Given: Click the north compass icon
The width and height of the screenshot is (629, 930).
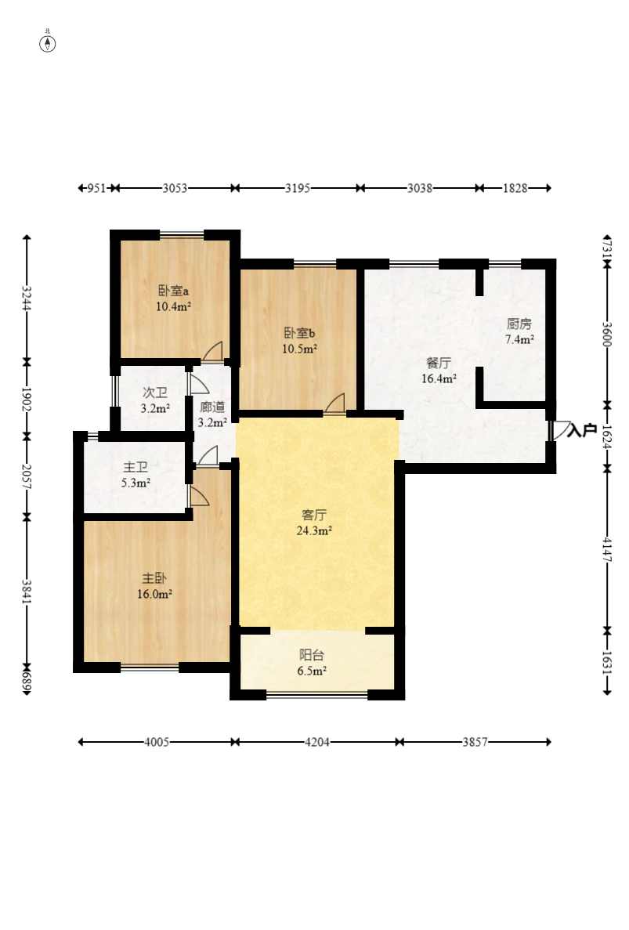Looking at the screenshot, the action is [48, 43].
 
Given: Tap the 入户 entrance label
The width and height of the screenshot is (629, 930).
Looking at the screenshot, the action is [581, 430].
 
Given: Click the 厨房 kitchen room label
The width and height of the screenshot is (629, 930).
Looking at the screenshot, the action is [519, 324].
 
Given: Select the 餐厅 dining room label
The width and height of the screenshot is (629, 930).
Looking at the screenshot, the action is [439, 363].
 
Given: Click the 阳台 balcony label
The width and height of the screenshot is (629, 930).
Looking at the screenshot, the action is [312, 655].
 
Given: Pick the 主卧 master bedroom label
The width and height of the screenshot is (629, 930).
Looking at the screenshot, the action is [154, 577].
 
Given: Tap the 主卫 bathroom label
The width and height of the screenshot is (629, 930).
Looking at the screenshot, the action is [136, 468].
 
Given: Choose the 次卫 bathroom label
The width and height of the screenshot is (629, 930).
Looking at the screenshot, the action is [155, 393].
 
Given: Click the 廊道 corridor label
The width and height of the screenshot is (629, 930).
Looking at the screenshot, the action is [212, 407].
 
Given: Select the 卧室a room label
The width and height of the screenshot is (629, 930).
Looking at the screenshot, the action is [173, 291].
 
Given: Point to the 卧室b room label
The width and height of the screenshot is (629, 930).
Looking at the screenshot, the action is [299, 333].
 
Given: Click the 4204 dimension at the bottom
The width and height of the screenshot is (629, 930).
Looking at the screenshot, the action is [317, 742].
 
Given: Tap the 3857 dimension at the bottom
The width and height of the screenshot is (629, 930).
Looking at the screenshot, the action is [475, 742].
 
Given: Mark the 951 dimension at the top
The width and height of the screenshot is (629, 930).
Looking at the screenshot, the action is [96, 188].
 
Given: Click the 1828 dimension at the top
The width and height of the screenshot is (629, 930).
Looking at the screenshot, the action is [515, 188].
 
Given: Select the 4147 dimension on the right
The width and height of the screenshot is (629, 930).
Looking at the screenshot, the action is [607, 549].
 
